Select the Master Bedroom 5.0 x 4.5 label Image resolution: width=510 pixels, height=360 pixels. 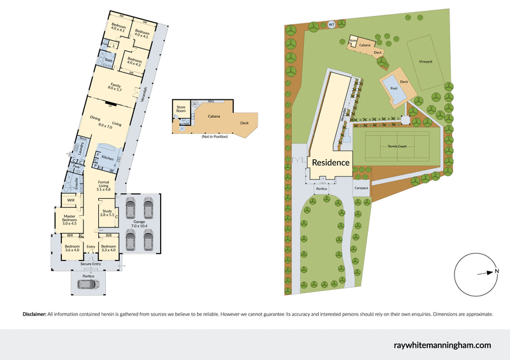[x=69, y=220]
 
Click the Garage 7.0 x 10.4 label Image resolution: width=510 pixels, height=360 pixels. [x=139, y=223]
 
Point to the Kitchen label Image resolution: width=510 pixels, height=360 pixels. [x=107, y=158]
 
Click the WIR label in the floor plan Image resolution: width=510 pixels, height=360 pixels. [x=71, y=201]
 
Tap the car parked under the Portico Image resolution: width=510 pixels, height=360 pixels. [x=89, y=284]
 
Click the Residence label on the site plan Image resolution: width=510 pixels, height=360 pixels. [x=330, y=162]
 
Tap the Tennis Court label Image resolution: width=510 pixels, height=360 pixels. [x=400, y=146]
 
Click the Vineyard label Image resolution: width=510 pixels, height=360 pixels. [x=426, y=61]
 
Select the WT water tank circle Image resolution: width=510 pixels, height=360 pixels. [x=331, y=25]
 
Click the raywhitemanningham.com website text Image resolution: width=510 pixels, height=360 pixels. [x=442, y=345]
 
